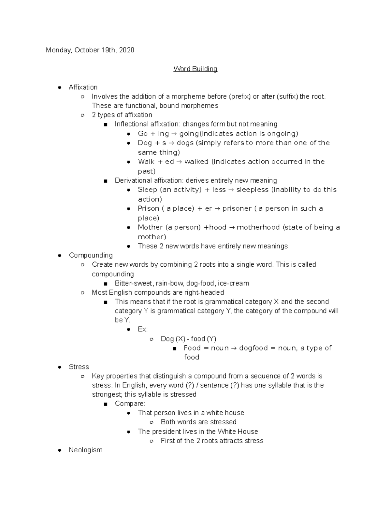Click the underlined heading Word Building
point(195,69)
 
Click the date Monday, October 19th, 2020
point(90,50)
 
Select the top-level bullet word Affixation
point(83,87)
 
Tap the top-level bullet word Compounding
point(91,255)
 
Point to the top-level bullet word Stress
point(79,367)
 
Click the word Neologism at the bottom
point(85,450)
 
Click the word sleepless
point(252,190)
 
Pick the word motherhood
point(258,227)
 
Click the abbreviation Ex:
point(143,329)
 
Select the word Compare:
point(130,404)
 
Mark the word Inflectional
point(131,124)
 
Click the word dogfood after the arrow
point(253,348)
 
